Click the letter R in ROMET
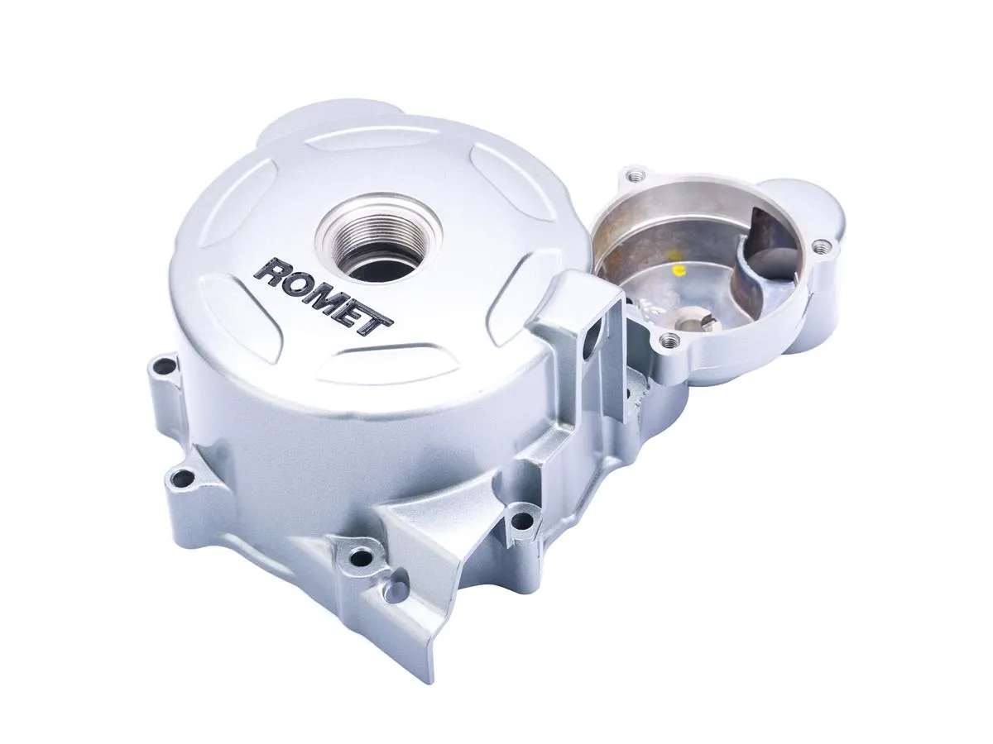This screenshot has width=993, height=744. click(x=271, y=271)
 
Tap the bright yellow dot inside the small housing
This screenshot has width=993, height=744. click(x=679, y=270)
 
